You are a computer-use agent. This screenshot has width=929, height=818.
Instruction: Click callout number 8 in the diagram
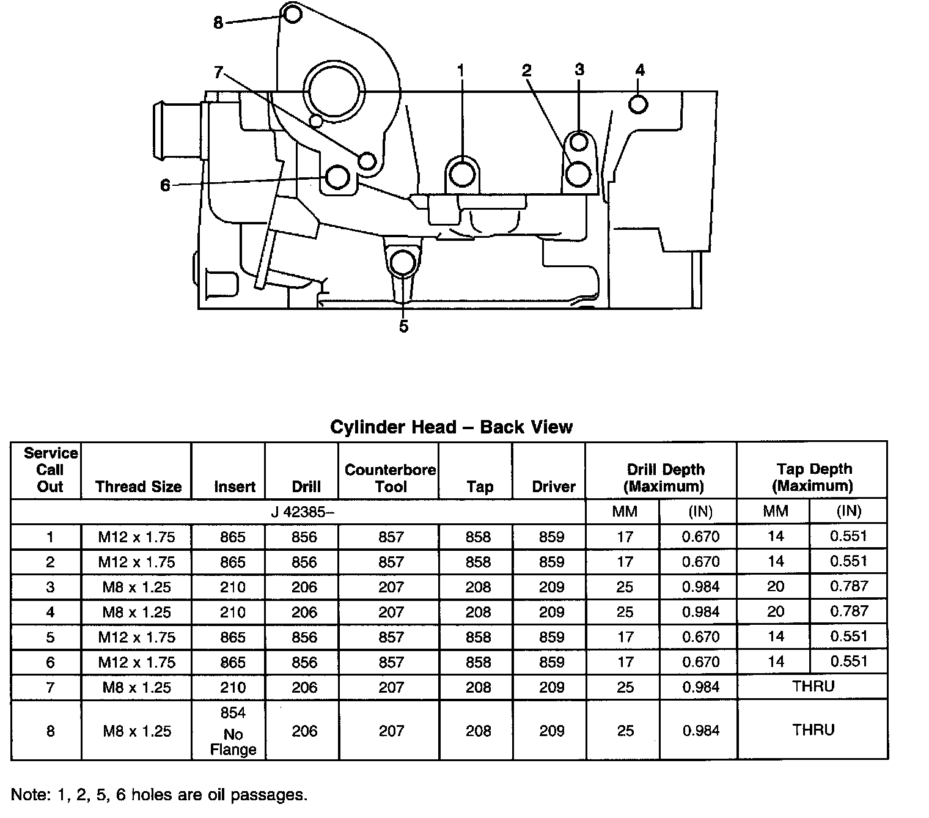[219, 23]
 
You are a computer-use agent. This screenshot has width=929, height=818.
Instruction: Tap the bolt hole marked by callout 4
[637, 104]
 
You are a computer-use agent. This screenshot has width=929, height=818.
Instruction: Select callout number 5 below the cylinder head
[403, 326]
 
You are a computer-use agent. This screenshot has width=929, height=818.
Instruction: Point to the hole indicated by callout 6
[337, 177]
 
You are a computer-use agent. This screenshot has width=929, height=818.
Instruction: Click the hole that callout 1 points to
[461, 175]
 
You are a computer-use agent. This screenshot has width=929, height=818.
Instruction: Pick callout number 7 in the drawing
[219, 72]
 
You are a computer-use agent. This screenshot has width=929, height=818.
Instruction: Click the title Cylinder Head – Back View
[451, 426]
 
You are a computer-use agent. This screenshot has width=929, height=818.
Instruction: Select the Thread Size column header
[138, 487]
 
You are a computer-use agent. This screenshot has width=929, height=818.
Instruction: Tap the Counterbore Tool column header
[390, 478]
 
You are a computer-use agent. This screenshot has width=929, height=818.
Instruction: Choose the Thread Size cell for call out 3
[137, 588]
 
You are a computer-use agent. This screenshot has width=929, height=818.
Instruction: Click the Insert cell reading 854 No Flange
[233, 731]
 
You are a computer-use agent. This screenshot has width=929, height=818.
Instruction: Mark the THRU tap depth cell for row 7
[813, 687]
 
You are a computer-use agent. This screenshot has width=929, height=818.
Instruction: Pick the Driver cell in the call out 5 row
[551, 637]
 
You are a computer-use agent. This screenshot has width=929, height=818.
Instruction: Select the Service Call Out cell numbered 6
[50, 662]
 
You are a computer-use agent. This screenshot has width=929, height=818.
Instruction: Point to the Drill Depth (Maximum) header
[665, 478]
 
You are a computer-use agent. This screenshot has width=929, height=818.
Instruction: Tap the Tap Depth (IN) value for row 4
[849, 611]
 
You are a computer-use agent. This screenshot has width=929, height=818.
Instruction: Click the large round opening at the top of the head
[337, 92]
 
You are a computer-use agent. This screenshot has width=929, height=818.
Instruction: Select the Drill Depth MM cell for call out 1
[625, 537]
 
